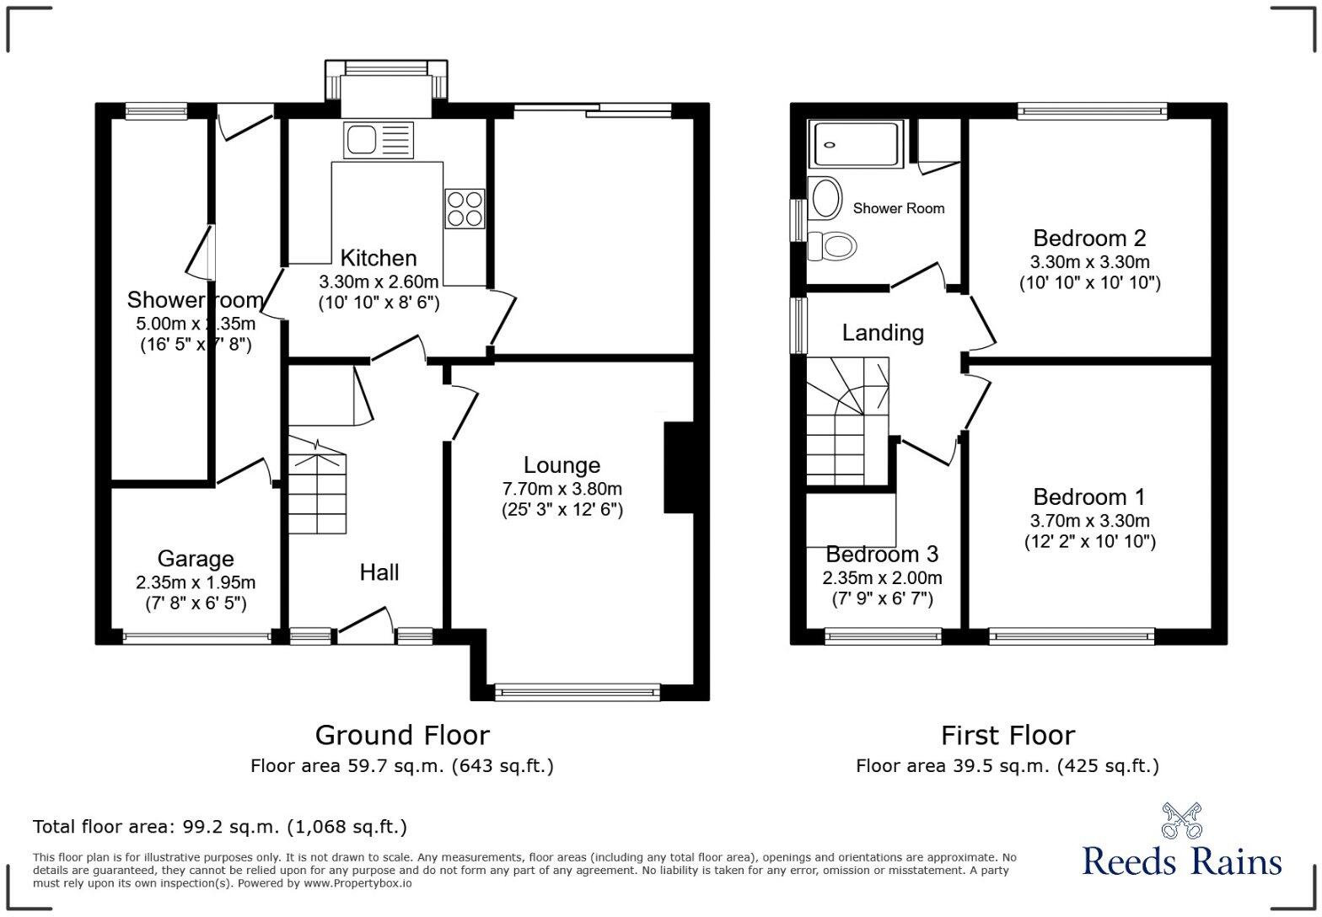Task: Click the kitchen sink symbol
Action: point(378,139)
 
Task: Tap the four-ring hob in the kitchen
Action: point(465,208)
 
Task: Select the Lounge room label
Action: point(562,465)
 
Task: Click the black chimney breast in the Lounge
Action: point(679,467)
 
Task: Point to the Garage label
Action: point(196,559)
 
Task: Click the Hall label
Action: point(379,573)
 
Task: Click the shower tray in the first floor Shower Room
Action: point(855,143)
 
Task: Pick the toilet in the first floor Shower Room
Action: point(832,246)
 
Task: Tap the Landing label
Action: point(883,333)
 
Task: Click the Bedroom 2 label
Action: point(1089,239)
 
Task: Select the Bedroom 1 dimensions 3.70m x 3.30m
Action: point(1089,521)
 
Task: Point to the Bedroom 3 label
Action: point(882,555)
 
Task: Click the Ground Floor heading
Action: point(402,735)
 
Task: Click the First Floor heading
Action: point(1008,735)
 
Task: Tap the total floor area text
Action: point(220,827)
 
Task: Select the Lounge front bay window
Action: point(578,692)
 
